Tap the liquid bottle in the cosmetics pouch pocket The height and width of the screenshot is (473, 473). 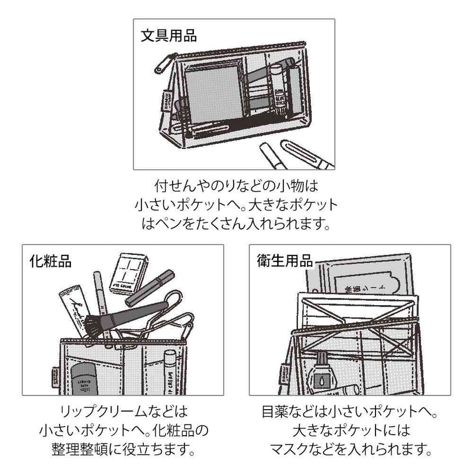[x=82, y=379]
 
